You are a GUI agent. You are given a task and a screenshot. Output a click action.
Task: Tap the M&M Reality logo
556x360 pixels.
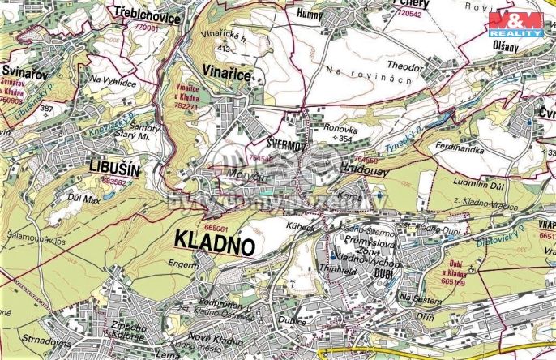(x=515, y=25)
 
